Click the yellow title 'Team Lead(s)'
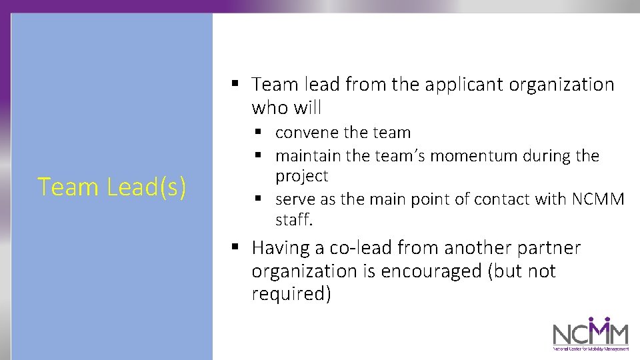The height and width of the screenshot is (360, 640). click(x=111, y=187)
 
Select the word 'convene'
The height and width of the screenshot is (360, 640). click(x=303, y=133)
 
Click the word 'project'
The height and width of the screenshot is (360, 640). click(x=301, y=177)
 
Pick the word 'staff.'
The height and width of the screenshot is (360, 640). click(x=293, y=220)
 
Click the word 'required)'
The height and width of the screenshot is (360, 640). click(x=291, y=295)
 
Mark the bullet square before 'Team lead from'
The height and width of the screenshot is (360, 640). click(x=235, y=84)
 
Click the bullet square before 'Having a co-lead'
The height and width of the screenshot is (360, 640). click(x=235, y=247)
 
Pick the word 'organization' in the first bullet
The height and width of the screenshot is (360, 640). click(x=561, y=85)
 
